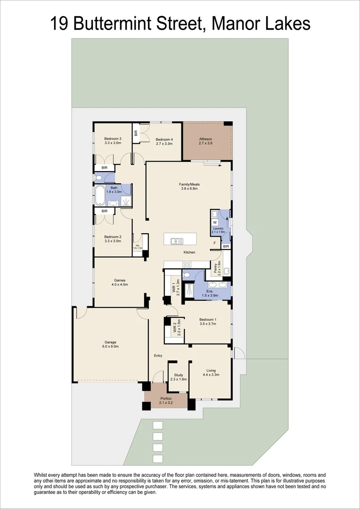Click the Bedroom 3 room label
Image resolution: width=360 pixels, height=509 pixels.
[x=113, y=139]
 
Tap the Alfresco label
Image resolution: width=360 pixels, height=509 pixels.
[x=205, y=139]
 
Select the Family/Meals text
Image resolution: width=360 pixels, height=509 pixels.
[x=189, y=184]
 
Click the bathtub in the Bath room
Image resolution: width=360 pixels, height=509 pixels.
[x=100, y=195]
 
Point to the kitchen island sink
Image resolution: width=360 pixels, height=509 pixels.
[x=177, y=241]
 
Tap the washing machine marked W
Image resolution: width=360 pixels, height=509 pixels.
[x=214, y=222]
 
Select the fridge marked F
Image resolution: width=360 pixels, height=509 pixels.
[x=215, y=243]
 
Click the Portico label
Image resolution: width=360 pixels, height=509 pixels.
[x=166, y=399]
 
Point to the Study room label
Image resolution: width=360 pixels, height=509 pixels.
[x=178, y=375]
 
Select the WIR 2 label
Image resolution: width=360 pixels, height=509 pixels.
[x=174, y=327]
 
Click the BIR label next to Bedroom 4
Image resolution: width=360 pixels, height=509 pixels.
[x=136, y=133]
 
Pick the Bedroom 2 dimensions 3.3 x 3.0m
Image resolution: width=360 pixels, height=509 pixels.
[x=113, y=241]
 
